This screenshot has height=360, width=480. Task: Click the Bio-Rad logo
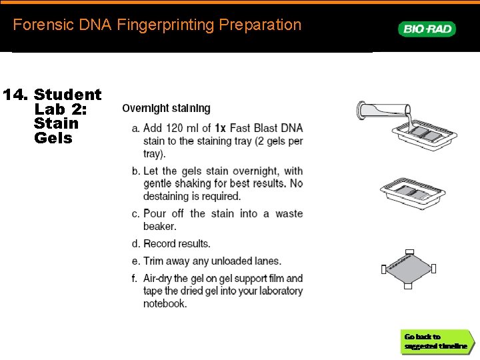[427, 29]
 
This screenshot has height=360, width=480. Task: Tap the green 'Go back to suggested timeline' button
[437, 341]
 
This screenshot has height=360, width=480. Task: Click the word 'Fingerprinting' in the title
[165, 25]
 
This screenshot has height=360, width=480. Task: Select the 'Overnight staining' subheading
[166, 109]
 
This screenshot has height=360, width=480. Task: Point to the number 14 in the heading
[15, 94]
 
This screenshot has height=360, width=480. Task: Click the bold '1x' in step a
[220, 128]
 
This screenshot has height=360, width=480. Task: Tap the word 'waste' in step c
[289, 213]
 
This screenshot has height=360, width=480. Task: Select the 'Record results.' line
[177, 244]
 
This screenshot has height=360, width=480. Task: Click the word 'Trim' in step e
[154, 261]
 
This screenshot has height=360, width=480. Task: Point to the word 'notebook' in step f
[164, 303]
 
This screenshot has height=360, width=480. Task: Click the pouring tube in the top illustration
[383, 110]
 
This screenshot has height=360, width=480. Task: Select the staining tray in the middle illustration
[413, 193]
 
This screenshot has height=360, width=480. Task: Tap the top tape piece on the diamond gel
[409, 252]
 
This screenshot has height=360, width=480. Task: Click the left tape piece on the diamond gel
[384, 269]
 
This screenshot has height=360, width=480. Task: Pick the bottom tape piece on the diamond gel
[408, 286]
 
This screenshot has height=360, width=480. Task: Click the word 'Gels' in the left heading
[53, 138]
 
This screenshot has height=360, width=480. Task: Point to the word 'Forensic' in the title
[43, 25]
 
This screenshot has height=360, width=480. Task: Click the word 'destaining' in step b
[165, 196]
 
